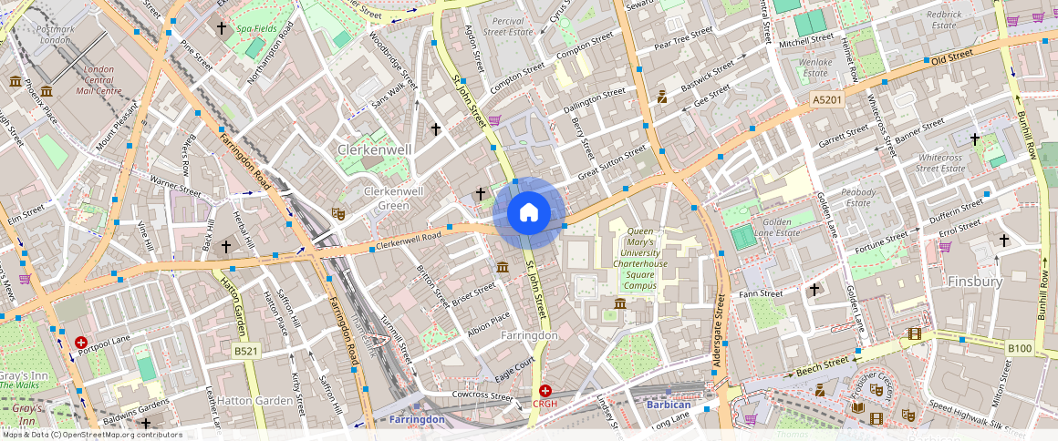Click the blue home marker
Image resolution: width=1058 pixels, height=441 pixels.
[x=528, y=213]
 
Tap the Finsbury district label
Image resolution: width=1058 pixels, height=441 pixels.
[x=975, y=282]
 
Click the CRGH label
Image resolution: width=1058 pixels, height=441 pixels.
[x=545, y=404]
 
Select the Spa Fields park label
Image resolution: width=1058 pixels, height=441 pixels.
[x=256, y=29]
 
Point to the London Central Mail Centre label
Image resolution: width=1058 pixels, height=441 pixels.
[x=99, y=80]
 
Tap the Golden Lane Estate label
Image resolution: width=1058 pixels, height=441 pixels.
[x=777, y=227]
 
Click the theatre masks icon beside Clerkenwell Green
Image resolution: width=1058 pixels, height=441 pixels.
[x=338, y=214]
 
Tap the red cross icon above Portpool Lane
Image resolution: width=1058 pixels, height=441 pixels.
[x=81, y=342]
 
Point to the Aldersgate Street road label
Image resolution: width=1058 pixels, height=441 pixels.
[x=719, y=333]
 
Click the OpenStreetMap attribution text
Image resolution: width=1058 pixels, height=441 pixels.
[x=91, y=435]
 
